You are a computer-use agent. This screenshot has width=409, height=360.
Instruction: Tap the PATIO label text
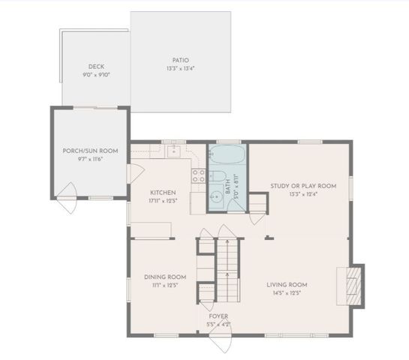pyautogui.click(x=180, y=60)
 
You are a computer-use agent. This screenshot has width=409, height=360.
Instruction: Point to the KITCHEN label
pyautogui.click(x=163, y=192)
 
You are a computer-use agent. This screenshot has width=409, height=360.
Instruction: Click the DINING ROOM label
pyautogui.click(x=164, y=277)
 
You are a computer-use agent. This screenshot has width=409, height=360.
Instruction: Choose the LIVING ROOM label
pyautogui.click(x=287, y=284)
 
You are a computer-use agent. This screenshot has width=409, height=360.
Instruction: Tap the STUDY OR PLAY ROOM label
pyautogui.click(x=303, y=185)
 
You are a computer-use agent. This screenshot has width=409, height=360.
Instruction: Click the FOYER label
pyautogui.click(x=218, y=316)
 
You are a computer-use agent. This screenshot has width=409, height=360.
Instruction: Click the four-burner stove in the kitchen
pyautogui.click(x=200, y=177)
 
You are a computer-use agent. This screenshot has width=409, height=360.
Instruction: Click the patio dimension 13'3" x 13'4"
pyautogui.click(x=180, y=69)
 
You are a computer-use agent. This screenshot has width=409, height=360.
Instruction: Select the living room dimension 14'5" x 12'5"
pyautogui.click(x=287, y=293)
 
